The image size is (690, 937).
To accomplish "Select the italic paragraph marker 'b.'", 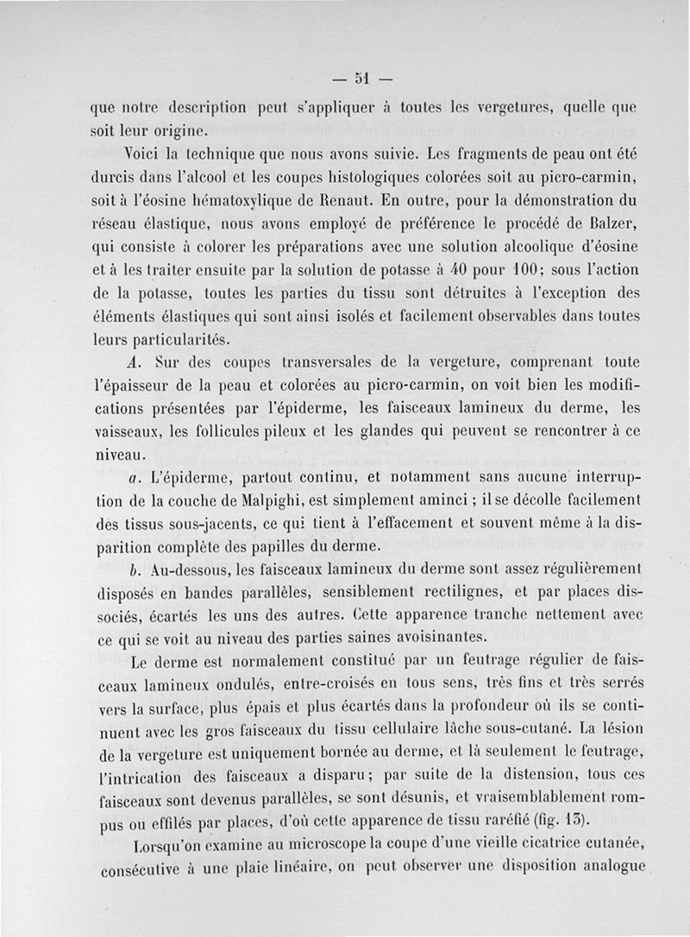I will [x=134, y=570].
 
